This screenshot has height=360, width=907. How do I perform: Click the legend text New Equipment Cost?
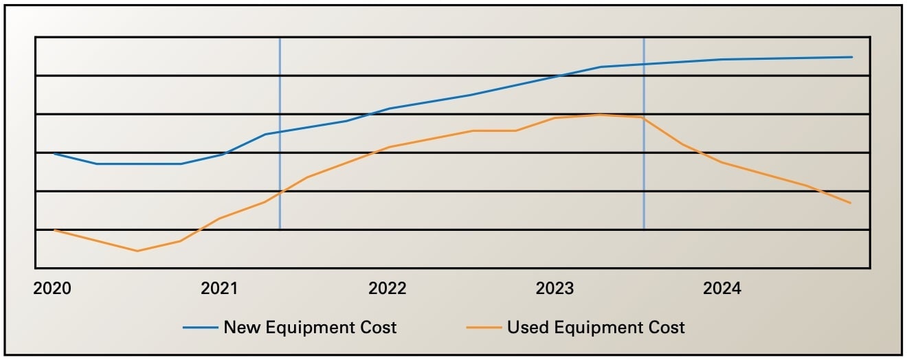coord(310,327)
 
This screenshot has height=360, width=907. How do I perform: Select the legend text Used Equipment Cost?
coord(596,327)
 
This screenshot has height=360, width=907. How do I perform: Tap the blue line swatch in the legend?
coord(200,328)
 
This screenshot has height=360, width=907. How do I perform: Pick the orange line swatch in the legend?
coord(484,328)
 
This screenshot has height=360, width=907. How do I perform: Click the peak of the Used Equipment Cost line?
coord(600,115)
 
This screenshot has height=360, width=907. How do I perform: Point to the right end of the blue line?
coord(852,57)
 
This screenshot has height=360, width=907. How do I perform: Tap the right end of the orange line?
coord(851,203)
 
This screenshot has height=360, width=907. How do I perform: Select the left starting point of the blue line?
coord(54,153)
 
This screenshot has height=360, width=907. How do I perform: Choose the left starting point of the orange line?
coord(54,229)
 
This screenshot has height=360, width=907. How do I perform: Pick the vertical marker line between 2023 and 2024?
coord(644,172)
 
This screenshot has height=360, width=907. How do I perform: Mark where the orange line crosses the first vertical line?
coord(280,193)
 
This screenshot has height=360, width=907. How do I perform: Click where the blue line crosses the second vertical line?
coord(644,64)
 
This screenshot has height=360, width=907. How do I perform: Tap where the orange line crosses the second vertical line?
coord(644,117)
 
